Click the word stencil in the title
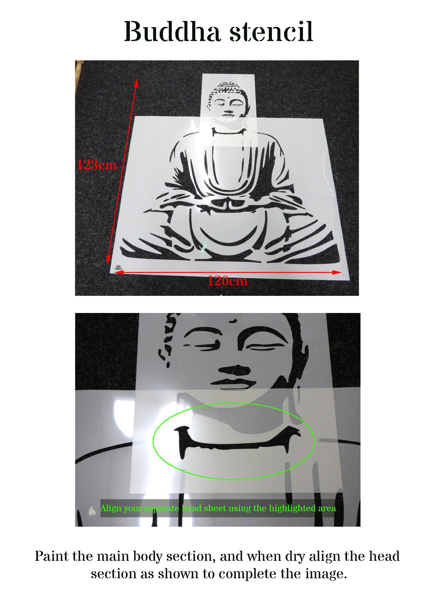click(271, 32)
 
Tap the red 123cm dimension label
click(97, 165)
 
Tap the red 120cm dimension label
click(227, 281)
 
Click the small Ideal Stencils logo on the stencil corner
click(118, 268)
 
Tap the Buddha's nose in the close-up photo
click(235, 369)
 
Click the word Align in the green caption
click(111, 509)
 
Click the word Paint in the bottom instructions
click(51, 557)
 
